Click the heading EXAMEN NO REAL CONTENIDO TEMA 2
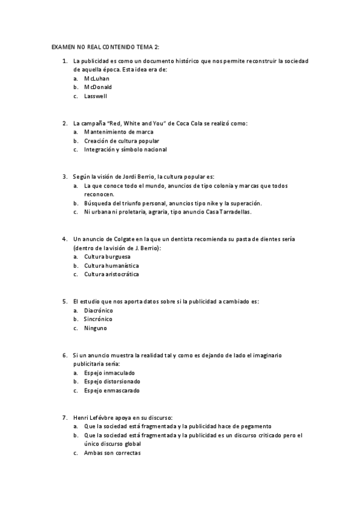point(105,46)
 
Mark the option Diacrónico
point(99,310)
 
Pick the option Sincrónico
point(99,319)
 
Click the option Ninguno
point(96,328)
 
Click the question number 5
point(64,301)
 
